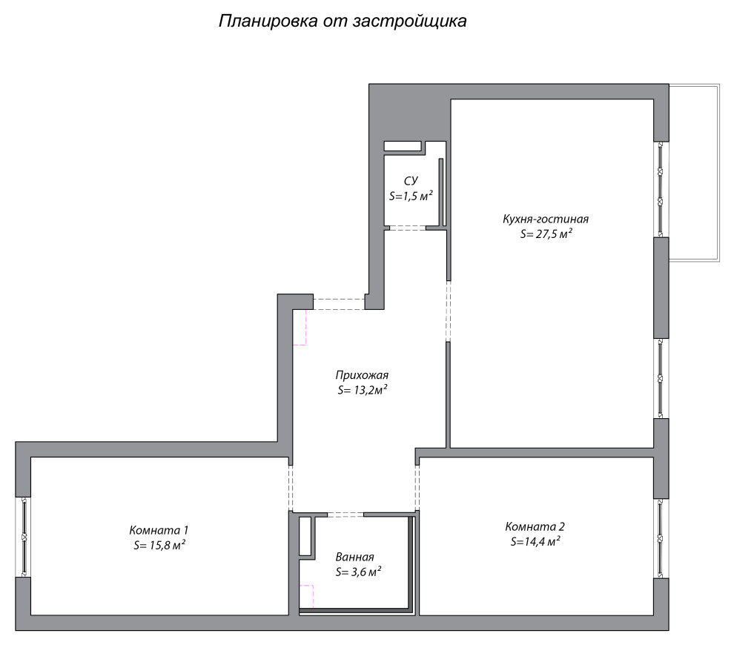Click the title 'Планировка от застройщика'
pyautogui.click(x=342, y=21)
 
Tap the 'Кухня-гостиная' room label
pyautogui.click(x=545, y=219)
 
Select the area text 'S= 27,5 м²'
pyautogui.click(x=546, y=234)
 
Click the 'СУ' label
pyautogui.click(x=411, y=181)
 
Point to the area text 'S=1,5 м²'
pyautogui.click(x=411, y=196)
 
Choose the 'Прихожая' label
pyautogui.click(x=362, y=375)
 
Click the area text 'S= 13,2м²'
pyautogui.click(x=363, y=390)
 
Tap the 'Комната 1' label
pyautogui.click(x=159, y=530)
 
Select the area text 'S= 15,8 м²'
pyautogui.click(x=159, y=545)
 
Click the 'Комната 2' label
pyautogui.click(x=535, y=527)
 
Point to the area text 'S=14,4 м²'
pyautogui.click(x=535, y=542)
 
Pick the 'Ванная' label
pyautogui.click(x=354, y=558)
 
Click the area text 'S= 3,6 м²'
pyautogui.click(x=358, y=572)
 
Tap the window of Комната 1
pyautogui.click(x=24, y=536)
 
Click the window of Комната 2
pyautogui.click(x=661, y=538)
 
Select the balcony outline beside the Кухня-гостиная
pyautogui.click(x=694, y=173)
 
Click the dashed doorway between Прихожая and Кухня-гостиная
pyautogui.click(x=448, y=311)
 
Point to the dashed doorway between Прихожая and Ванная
pyautogui.click(x=345, y=514)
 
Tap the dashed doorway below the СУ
pyautogui.click(x=407, y=228)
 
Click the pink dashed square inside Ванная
pyautogui.click(x=306, y=597)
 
